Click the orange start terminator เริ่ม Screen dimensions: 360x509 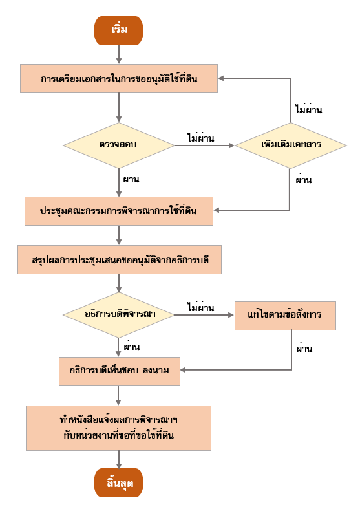point(118,30)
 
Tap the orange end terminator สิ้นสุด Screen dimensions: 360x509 point(118,482)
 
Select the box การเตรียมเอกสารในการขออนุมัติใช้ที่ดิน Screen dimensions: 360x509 point(119,78)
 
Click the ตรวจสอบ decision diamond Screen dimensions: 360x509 point(119,145)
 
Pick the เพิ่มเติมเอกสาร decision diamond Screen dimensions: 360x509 point(291,145)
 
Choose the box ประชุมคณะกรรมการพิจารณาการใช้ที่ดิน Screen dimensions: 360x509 point(119,211)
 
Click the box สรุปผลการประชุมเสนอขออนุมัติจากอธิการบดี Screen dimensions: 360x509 point(120,260)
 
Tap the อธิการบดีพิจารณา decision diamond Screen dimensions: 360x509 point(119,314)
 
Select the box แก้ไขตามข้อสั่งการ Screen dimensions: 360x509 point(285,316)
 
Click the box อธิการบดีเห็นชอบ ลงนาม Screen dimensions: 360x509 point(120,371)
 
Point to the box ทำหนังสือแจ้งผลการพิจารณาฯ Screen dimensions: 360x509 point(119,428)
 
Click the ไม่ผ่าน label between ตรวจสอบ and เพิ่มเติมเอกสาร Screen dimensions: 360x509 point(200,137)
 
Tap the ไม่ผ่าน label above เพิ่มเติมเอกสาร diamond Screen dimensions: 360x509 point(308,109)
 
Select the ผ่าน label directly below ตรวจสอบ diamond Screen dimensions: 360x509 point(131,179)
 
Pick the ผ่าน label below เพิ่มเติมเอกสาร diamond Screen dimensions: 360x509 point(304,179)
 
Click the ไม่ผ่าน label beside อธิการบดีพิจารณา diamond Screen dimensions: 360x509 point(200,307)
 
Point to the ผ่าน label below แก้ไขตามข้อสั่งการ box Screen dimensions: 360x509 point(304,348)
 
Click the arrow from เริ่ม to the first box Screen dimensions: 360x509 point(119,54)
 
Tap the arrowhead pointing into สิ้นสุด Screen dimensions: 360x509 point(119,466)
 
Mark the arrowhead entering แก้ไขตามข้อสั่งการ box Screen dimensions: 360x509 point(231,315)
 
